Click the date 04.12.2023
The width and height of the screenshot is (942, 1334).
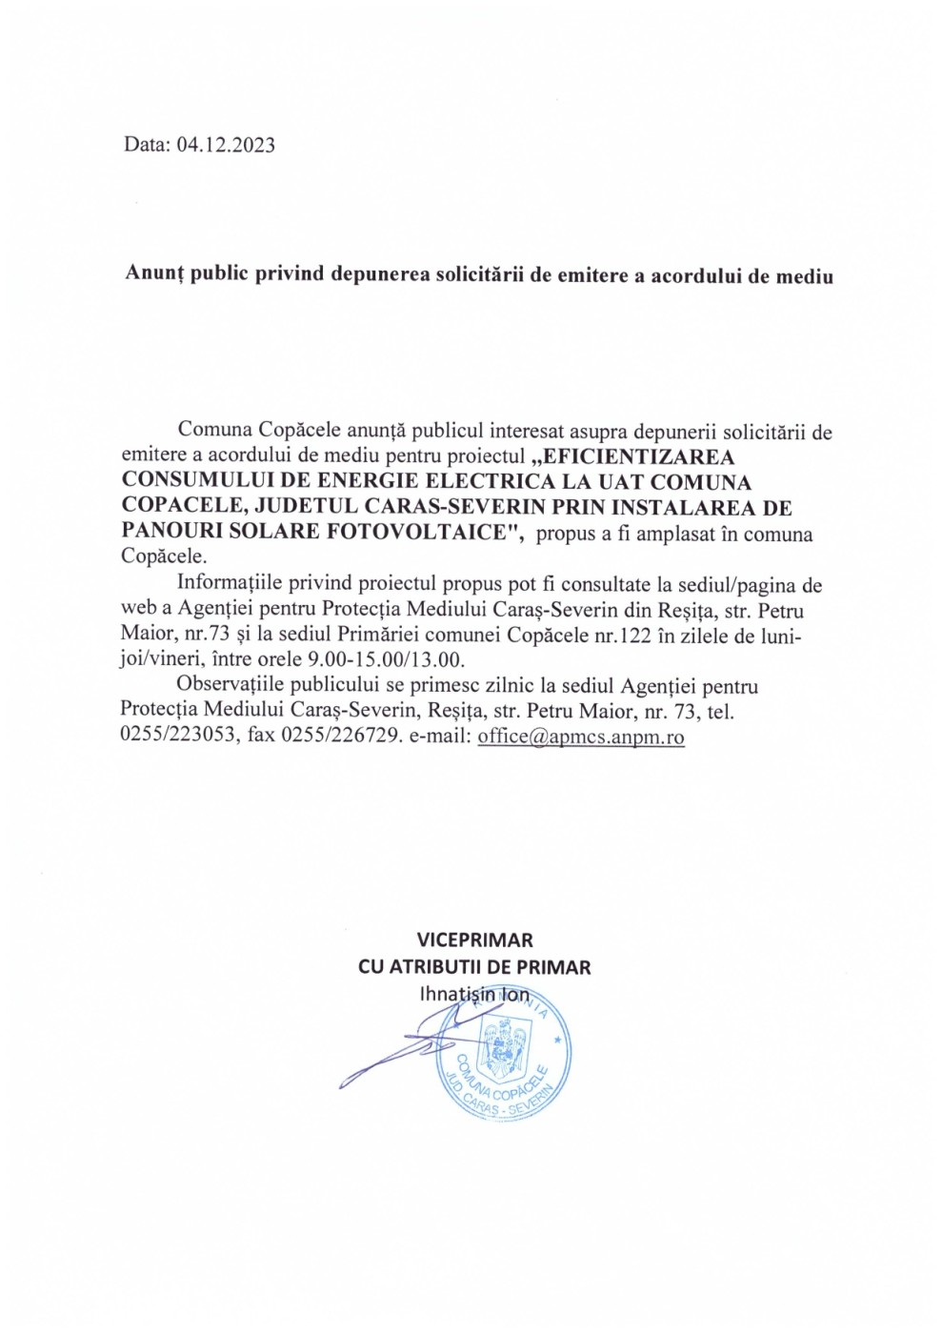(x=226, y=145)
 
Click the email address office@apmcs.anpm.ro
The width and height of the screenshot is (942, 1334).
(x=581, y=737)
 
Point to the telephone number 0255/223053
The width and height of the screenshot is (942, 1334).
(x=178, y=737)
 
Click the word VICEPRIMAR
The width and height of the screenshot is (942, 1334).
(x=474, y=940)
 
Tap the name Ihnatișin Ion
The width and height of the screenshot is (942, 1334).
(x=474, y=994)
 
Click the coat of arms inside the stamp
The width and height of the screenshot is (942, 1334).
(x=502, y=1042)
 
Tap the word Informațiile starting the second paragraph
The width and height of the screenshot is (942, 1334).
(x=235, y=585)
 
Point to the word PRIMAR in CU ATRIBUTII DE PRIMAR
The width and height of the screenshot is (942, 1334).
(x=554, y=967)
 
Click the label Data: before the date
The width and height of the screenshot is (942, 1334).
(x=147, y=145)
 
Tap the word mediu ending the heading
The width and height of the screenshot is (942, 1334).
(x=805, y=276)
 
